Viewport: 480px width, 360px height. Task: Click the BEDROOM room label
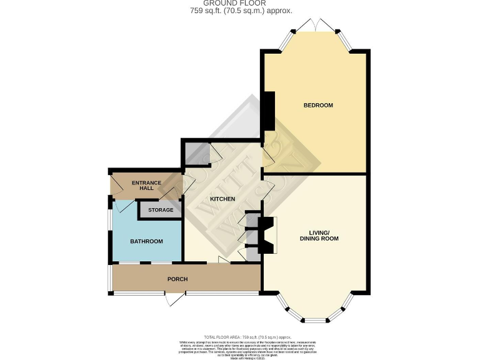318,105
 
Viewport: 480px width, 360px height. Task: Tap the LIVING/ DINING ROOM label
319,235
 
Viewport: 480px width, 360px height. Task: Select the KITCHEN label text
222,199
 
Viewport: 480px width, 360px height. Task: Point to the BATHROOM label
146,242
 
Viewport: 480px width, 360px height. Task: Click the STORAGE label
161,210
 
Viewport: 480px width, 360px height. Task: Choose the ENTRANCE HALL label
146,186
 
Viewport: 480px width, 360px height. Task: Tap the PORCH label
177,279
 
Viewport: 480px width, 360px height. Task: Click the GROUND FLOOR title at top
239,4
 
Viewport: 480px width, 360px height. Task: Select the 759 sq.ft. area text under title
239,11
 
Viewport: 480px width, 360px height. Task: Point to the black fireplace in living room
266,234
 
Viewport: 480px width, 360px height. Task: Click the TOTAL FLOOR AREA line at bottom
239,337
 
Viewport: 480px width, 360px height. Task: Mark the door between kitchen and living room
267,191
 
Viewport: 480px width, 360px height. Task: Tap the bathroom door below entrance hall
123,205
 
